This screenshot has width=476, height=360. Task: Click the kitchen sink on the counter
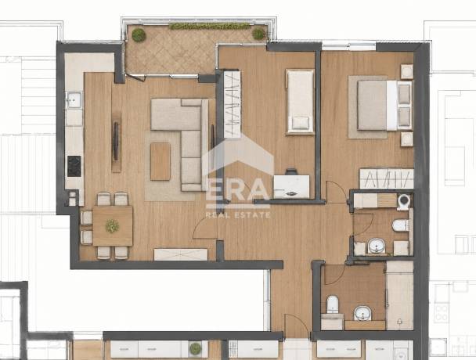[74, 100]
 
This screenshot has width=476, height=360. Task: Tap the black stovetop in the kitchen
[74, 166]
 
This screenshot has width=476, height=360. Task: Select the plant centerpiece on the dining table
[112, 226]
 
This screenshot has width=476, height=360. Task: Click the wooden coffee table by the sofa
[160, 161]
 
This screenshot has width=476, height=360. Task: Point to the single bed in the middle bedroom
[300, 102]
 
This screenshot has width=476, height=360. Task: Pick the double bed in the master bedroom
[384, 106]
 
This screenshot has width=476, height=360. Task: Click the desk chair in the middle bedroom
[291, 171]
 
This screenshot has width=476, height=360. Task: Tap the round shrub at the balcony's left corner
[139, 35]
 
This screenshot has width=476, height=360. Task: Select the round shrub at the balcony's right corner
[258, 34]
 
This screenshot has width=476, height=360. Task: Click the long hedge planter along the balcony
[210, 26]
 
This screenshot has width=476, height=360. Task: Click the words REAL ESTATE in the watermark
[238, 215]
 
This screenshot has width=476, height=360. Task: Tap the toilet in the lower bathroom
[333, 304]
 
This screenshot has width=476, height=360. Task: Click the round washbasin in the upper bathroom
[377, 245]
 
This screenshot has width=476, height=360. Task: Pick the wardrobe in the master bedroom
[387, 178]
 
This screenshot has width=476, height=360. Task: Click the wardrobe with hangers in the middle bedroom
[233, 104]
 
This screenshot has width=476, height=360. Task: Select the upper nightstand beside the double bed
[406, 72]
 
